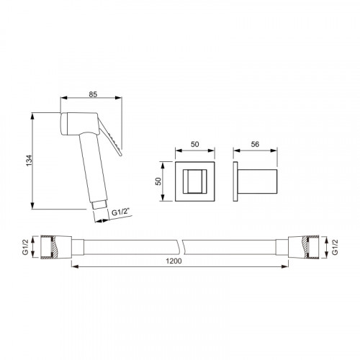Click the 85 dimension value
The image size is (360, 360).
(93, 94)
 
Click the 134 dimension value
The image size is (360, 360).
(29, 161)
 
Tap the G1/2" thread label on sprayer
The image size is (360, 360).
(121, 212)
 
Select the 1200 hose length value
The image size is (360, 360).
(174, 261)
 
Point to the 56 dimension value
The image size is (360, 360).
(255, 144)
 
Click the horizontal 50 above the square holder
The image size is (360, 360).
(195, 144)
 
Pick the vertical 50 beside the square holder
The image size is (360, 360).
(158, 181)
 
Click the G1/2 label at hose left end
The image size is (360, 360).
(25, 247)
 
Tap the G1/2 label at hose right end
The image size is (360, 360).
(335, 247)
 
